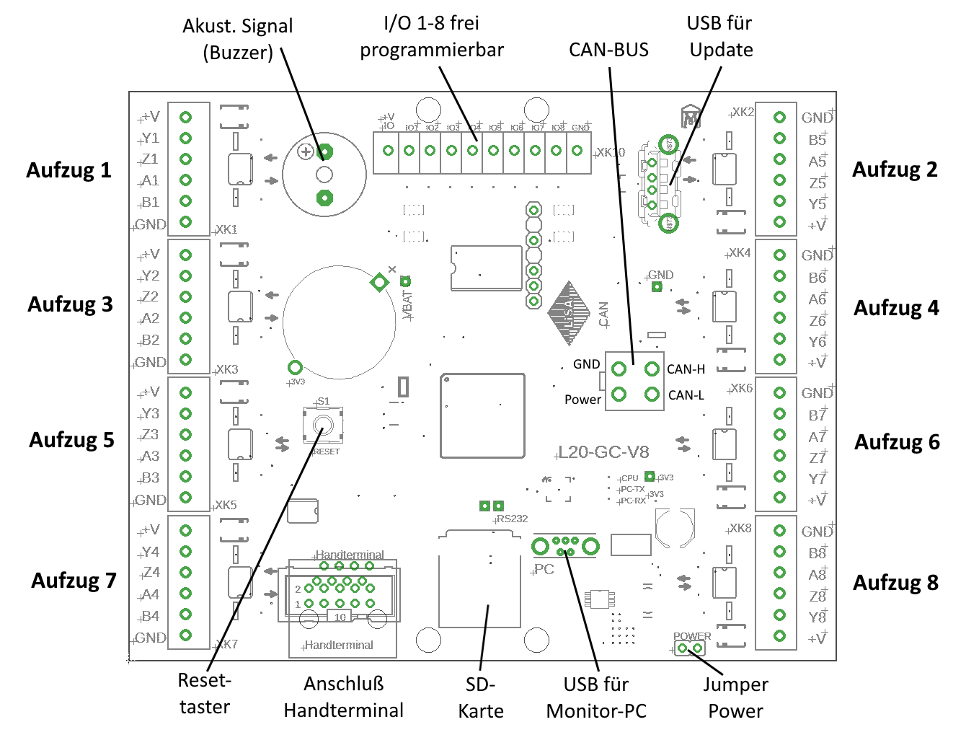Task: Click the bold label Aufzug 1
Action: (69, 170)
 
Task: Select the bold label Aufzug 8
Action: (896, 583)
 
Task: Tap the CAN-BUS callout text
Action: (608, 50)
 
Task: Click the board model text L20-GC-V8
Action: (603, 452)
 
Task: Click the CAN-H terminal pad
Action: (652, 369)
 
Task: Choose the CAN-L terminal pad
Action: (652, 395)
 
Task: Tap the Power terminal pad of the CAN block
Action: (619, 395)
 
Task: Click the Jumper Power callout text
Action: (735, 697)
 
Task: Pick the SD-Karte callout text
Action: (481, 697)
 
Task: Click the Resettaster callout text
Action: (205, 693)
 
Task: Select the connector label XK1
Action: (226, 229)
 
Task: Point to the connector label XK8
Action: (740, 528)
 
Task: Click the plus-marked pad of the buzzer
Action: (325, 151)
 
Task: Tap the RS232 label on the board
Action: (513, 519)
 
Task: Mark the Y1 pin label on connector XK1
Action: (151, 138)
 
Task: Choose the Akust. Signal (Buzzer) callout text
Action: (238, 39)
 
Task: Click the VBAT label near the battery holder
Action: (408, 304)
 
